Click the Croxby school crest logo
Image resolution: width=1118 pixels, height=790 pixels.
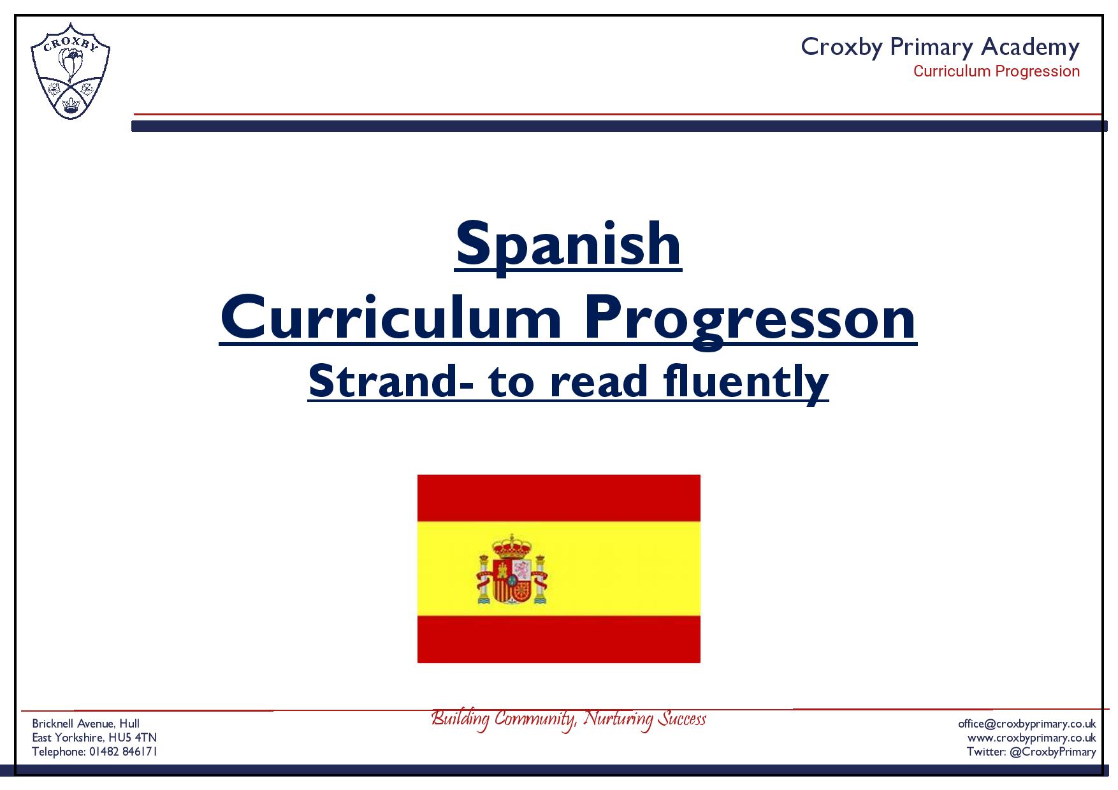tap(70, 71)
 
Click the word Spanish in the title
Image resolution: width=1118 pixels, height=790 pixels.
tap(568, 245)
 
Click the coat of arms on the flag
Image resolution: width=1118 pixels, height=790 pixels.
tap(512, 569)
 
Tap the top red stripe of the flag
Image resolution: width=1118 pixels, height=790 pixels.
tap(559, 498)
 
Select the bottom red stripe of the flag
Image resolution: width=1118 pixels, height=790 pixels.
tap(559, 639)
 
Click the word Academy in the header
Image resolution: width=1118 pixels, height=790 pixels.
tap(1030, 47)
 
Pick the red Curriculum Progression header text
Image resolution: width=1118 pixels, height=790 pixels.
tap(996, 71)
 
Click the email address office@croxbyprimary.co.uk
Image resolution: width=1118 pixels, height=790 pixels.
tap(1027, 724)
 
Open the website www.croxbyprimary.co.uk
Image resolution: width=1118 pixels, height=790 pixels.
tap(1031, 738)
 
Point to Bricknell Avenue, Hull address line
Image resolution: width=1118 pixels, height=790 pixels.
tap(86, 724)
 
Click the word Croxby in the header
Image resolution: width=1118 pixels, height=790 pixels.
tap(841, 47)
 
